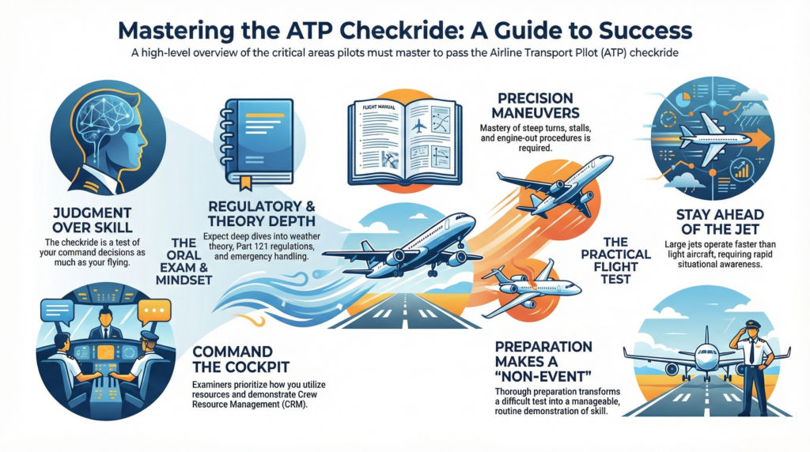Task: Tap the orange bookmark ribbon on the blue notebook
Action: pos(245,182)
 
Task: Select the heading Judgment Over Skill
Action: pos(93,220)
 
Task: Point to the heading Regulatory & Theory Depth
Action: pos(261,213)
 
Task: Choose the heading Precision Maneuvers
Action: pos(536,105)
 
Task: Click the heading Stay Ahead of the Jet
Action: pos(720,222)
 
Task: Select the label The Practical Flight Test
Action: pos(615,261)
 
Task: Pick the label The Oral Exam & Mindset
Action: pos(184,262)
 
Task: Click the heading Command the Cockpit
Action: pos(240,359)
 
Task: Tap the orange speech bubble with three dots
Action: pos(153,312)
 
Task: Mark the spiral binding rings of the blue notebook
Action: pos(225,139)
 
